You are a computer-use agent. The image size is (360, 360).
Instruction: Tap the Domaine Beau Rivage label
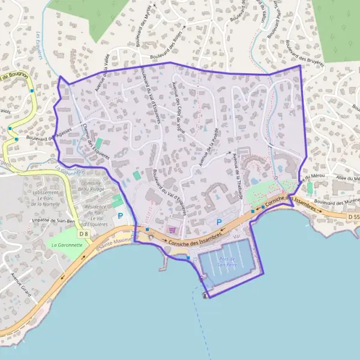coord(91,185)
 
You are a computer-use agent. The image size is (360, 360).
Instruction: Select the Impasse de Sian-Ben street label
coord(52,221)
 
